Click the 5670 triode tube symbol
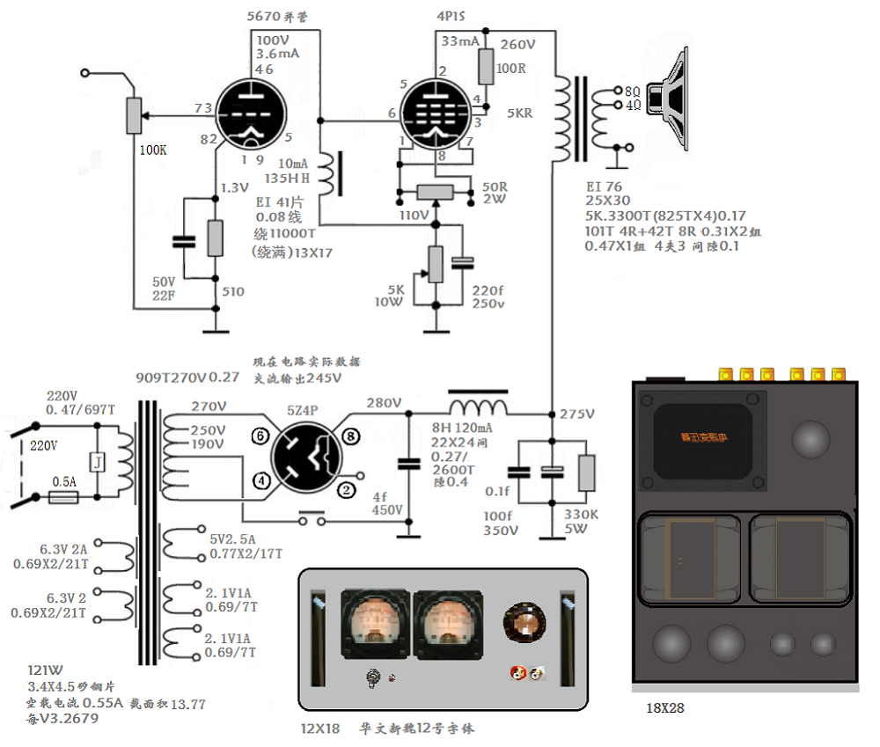(x=250, y=115)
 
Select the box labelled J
(x=98, y=461)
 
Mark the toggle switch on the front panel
(x=373, y=677)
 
